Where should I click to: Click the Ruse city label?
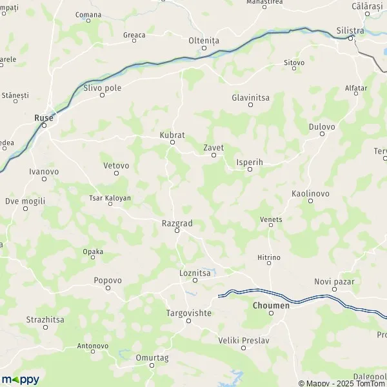(x=43, y=117)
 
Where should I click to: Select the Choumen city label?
(x=271, y=305)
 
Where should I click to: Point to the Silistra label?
(x=350, y=30)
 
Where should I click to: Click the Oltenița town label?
(x=204, y=39)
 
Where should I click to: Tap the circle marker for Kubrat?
(x=172, y=143)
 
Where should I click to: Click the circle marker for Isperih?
(x=250, y=170)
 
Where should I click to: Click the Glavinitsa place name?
(x=251, y=97)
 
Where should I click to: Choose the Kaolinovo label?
(x=310, y=193)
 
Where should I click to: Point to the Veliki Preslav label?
(x=243, y=340)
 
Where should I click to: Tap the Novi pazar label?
(x=335, y=281)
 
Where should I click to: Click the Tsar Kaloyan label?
(x=110, y=198)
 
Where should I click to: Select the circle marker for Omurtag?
(x=152, y=365)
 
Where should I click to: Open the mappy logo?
(x=20, y=379)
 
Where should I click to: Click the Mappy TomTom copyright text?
(x=344, y=383)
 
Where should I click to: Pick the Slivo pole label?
(x=102, y=87)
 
